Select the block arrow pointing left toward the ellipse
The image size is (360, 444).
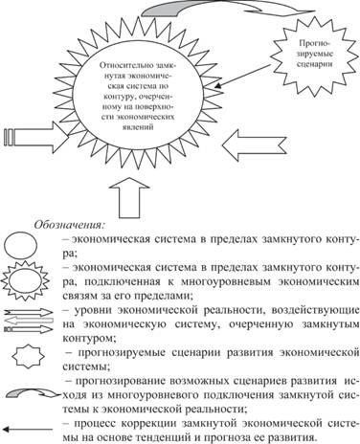[x=255, y=144]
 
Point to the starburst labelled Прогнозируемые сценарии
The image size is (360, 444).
[x=313, y=55]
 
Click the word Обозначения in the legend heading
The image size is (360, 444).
[x=68, y=225]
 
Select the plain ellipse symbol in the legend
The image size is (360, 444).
[x=20, y=246]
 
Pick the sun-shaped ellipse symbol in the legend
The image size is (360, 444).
[x=25, y=280]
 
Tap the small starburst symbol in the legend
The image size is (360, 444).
[x=28, y=356]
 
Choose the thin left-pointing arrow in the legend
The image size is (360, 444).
[x=28, y=429]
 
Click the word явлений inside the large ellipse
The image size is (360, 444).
[x=138, y=127]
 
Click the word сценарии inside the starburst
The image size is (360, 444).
[x=315, y=64]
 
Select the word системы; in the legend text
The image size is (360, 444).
[x=86, y=366]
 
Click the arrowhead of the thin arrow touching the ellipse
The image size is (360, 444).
[x=218, y=86]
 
